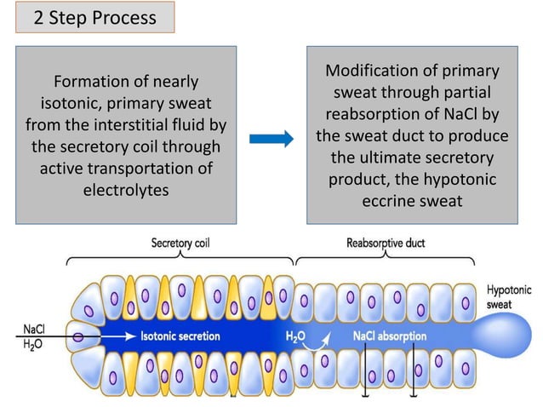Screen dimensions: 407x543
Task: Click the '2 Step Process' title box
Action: [x=94, y=18]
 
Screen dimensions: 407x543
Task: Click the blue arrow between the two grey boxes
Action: [x=271, y=136]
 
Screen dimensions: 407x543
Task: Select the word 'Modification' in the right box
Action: [x=374, y=72]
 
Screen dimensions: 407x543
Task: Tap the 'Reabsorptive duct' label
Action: [x=386, y=243]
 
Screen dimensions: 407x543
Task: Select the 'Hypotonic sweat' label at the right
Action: [x=509, y=296]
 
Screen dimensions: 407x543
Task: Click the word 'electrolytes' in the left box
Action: [x=125, y=189]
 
